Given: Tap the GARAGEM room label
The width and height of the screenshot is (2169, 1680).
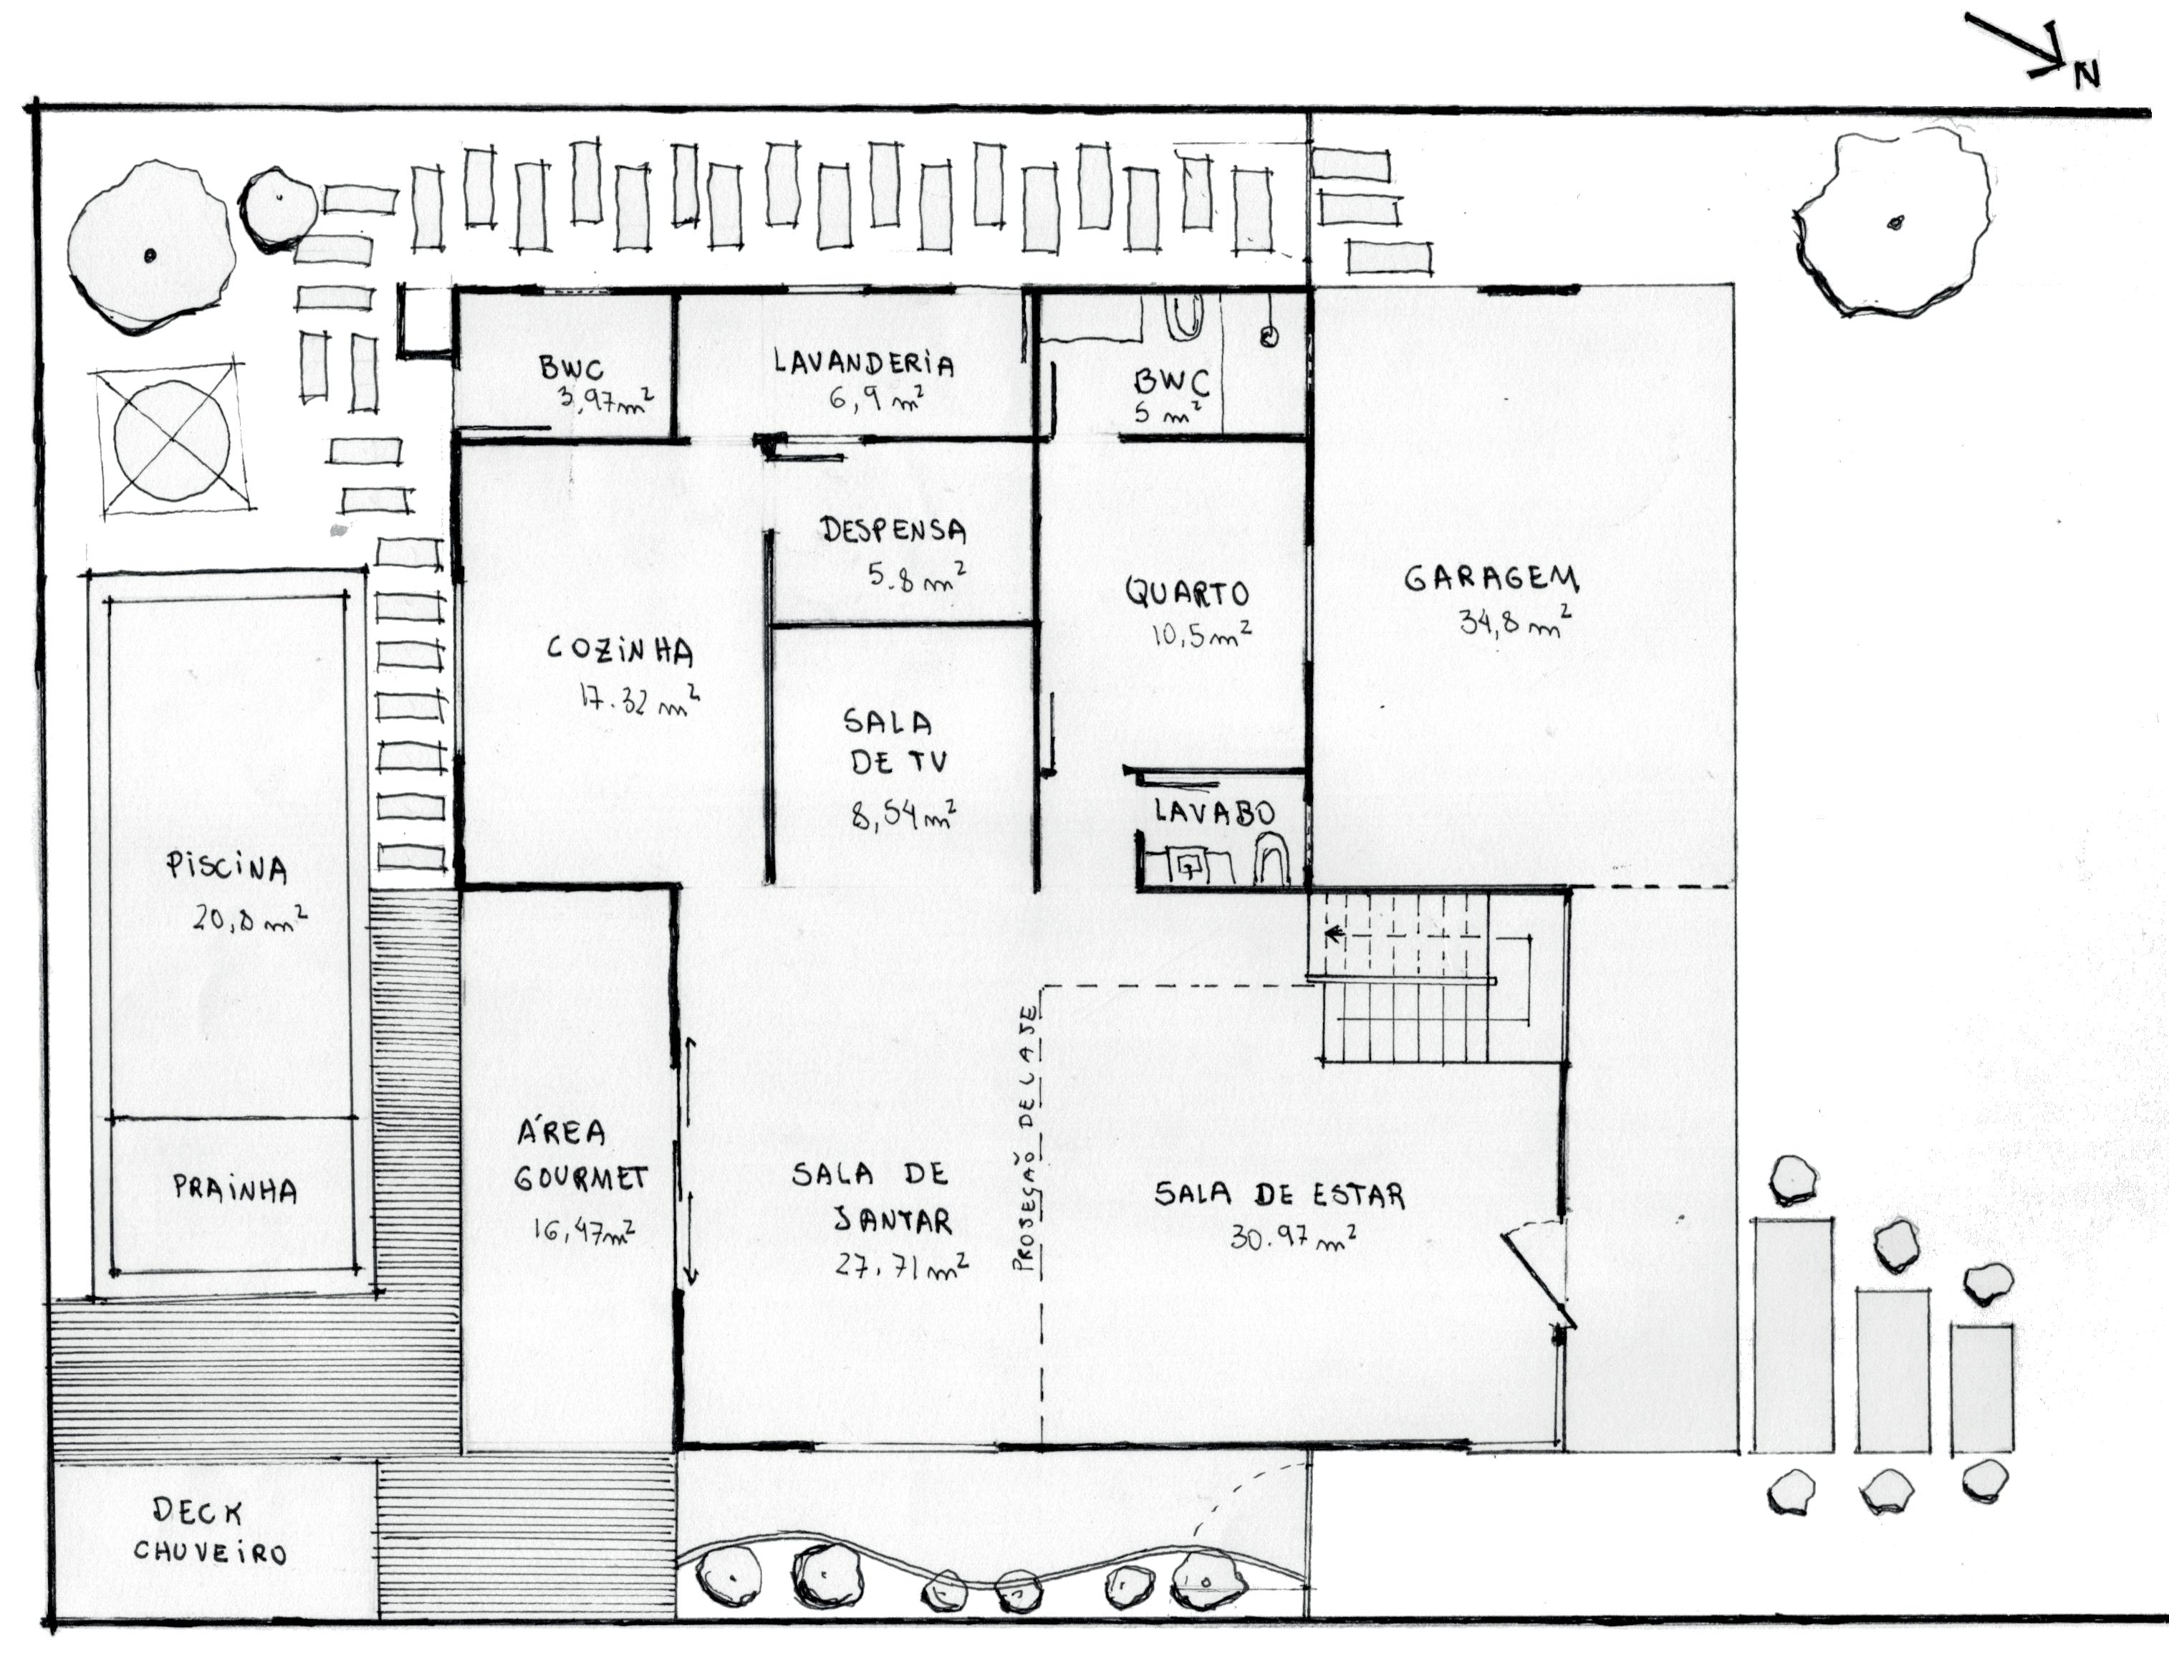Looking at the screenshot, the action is click(x=1491, y=578).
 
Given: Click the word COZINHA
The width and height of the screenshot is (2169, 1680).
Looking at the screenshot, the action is click(x=620, y=651).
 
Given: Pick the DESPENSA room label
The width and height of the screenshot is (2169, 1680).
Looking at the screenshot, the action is click(x=893, y=530).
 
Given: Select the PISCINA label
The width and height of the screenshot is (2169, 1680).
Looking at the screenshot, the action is click(x=227, y=869).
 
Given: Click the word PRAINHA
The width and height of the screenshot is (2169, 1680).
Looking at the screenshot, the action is click(x=234, y=1188).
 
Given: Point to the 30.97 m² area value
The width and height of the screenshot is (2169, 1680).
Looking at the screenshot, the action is click(x=1293, y=1238).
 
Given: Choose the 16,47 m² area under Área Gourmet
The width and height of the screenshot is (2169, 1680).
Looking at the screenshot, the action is click(x=584, y=1233).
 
